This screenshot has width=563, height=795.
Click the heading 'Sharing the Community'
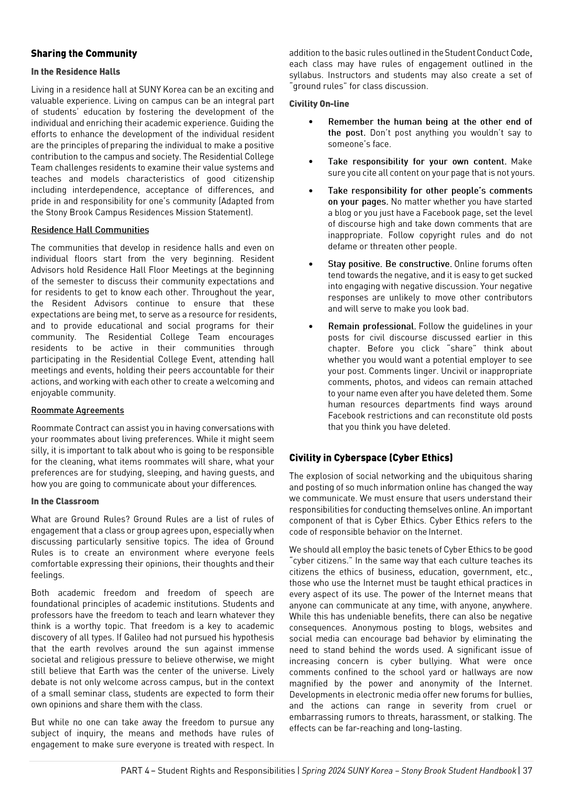(x=84, y=53)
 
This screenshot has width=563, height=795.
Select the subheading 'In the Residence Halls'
(x=75, y=72)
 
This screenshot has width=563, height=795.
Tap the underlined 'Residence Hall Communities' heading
(x=90, y=230)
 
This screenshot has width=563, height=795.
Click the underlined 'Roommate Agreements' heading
(x=78, y=410)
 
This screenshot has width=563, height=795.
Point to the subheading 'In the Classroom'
(x=65, y=501)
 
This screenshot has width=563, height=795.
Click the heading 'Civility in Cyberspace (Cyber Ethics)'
(x=371, y=458)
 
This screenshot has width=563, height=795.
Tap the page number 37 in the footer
(x=527, y=770)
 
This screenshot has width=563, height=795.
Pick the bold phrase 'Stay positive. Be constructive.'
(x=390, y=264)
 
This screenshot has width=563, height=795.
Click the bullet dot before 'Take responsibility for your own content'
(x=311, y=162)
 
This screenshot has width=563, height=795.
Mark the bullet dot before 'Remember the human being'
(x=311, y=122)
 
